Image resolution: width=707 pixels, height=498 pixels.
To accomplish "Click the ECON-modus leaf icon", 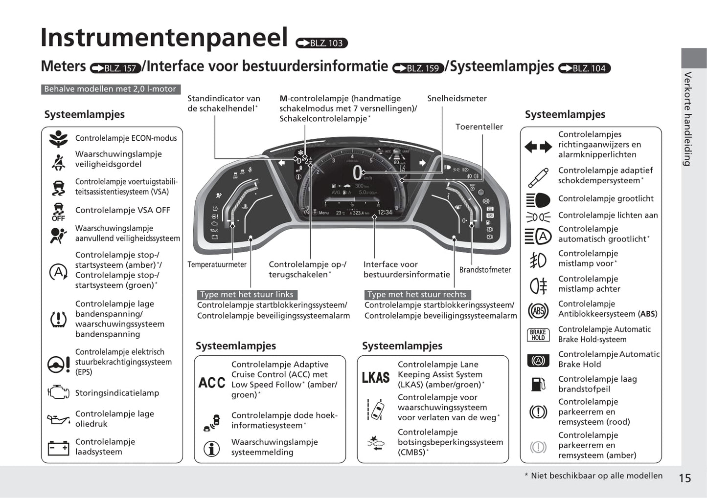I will pos(58,139).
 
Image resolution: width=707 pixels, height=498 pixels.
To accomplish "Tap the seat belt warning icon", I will pos(58,162).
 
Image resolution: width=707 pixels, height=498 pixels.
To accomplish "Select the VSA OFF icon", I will pos(58,212).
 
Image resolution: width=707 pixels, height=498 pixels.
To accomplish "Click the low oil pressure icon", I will pos(58,419).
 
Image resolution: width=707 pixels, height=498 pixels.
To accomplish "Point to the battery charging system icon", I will pos(58,448).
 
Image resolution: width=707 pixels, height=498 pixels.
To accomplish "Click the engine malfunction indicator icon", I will pos(58,392).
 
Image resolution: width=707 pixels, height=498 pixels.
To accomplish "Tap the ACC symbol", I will pos(212,382).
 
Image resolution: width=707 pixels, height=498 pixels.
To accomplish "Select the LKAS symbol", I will pos(376,378).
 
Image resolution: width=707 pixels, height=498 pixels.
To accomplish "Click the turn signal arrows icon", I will pos(538,146).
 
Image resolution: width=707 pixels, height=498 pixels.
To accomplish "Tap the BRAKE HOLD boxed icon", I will pos(538,335).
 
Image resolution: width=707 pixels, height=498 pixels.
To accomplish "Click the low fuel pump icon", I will pos(538,384).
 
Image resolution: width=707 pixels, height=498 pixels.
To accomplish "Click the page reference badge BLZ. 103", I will pos(322,43).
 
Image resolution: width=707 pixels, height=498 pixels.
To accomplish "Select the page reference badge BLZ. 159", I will pos(418,68).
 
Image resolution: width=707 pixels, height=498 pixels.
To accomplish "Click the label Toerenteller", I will pos(479,127).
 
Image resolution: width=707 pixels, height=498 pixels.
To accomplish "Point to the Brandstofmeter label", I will pos(485,270).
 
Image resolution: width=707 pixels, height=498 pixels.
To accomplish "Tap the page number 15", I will pos(684,478).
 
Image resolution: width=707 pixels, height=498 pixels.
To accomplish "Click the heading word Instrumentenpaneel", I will pos(164,38).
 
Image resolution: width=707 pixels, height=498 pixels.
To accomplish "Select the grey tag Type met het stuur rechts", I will pos(417,294).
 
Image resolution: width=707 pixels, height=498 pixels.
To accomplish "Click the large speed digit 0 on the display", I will pos(358,173).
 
